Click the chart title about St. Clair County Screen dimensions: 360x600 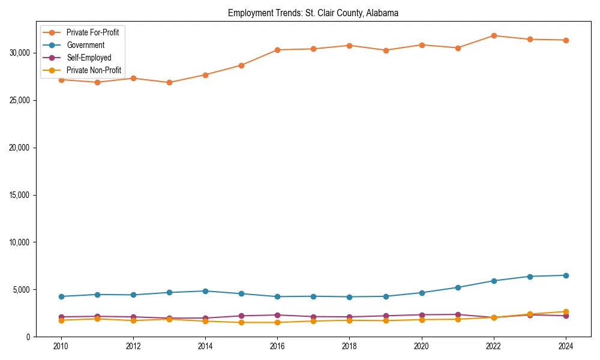coord(313,13)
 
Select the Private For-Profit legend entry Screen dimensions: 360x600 coord(92,32)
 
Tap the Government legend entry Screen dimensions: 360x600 coord(85,45)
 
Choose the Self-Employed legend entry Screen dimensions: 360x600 coord(89,58)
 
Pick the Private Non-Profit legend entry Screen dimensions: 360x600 coord(94,70)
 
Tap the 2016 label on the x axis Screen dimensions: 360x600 coord(277,346)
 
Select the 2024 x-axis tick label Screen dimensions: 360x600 coord(566,346)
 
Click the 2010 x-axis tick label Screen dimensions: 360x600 coord(61,346)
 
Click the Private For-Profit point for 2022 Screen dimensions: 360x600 coord(494,35)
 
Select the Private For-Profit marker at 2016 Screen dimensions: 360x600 coord(277,50)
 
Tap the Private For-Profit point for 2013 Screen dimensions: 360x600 coord(169,82)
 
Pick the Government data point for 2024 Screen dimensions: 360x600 coord(566,275)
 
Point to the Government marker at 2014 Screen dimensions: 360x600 coord(205,291)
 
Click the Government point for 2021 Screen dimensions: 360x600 coord(458,287)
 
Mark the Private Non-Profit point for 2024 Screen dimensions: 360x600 coord(566,312)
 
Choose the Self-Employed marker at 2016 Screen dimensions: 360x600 coord(277,315)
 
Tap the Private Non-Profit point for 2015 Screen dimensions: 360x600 coord(241,322)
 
